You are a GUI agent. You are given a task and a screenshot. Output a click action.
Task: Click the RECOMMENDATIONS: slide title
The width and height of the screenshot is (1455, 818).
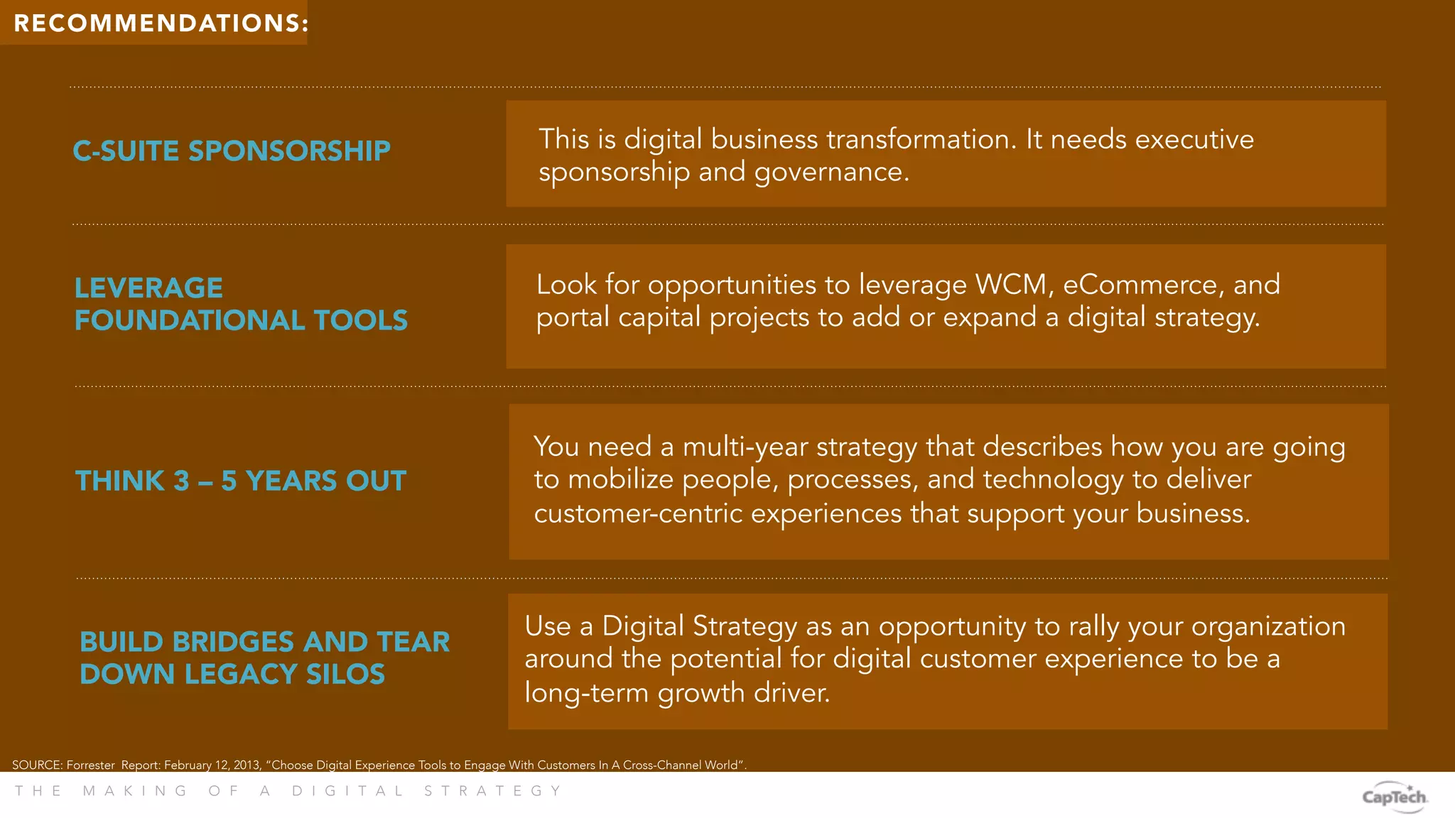coord(161,23)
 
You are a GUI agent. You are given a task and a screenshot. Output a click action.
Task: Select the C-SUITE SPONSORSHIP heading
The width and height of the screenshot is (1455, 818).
coord(232,151)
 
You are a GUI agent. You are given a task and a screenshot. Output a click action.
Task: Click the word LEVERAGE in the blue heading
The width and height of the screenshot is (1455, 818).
coord(148,288)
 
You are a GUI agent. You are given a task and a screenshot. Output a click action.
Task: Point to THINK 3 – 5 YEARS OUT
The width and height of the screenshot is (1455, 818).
coord(241,481)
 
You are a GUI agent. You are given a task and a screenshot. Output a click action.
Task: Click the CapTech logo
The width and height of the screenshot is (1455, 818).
coord(1394,796)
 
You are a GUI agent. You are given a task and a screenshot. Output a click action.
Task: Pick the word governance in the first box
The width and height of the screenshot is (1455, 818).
coord(831,172)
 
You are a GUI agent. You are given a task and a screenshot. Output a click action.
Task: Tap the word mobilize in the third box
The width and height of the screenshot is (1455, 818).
coord(620,479)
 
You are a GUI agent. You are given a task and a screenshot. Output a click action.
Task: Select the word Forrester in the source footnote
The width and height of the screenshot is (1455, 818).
coord(90,765)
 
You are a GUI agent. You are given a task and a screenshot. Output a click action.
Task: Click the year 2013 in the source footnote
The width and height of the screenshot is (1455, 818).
coord(247,765)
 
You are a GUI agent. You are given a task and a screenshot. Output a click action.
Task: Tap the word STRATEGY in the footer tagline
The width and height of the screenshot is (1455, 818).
coord(493,791)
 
